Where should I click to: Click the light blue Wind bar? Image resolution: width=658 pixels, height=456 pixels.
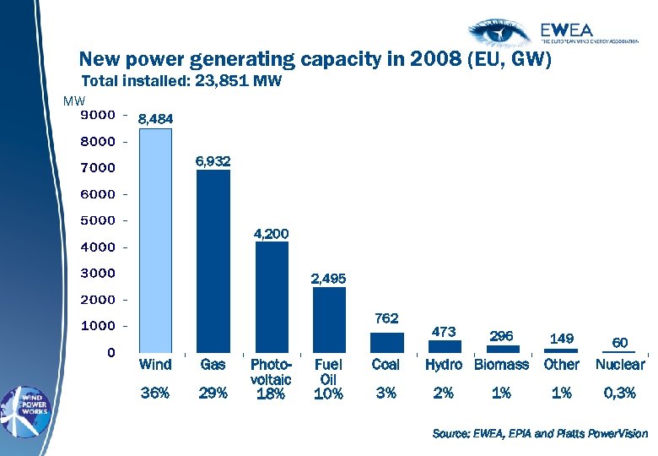155,240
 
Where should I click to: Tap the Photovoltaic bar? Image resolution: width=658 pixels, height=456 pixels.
272,296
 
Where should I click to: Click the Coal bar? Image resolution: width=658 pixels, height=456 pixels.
387,342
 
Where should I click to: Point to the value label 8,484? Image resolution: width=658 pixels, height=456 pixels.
155,120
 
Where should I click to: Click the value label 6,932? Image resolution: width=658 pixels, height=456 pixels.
213,160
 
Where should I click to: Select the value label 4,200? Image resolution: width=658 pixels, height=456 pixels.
272,232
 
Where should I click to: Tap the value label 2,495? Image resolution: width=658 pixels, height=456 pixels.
328,278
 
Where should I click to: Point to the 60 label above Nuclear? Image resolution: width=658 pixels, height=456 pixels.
619,343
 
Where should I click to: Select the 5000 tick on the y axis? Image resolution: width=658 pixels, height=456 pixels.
99,220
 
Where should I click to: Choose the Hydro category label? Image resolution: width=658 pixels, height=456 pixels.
444,365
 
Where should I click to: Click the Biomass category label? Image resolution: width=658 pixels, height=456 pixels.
502,365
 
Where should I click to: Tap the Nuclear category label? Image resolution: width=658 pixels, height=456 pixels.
620,365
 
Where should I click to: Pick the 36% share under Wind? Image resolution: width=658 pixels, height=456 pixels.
155,393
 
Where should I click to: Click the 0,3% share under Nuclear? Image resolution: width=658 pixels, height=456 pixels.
620,393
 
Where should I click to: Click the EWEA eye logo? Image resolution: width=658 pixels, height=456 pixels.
502,31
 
